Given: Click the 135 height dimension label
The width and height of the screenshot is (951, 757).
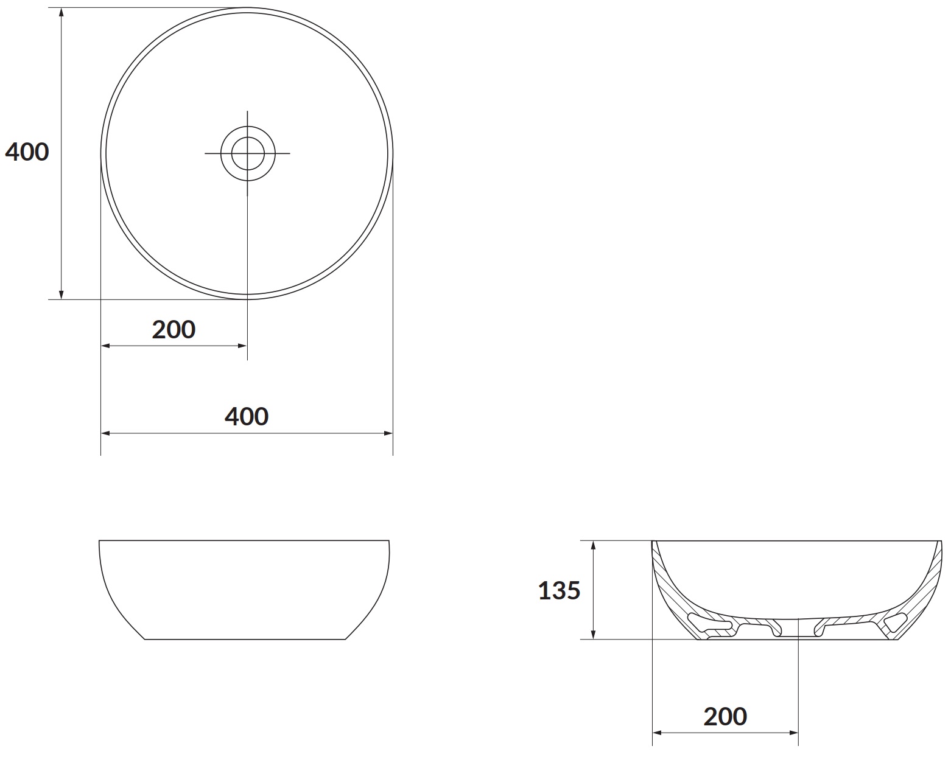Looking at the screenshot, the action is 559,590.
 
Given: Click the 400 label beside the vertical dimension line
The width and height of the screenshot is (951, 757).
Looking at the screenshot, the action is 27,152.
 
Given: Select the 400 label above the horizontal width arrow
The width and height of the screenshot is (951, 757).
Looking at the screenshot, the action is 247,416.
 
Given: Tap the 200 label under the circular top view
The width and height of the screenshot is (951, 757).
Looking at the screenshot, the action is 174,329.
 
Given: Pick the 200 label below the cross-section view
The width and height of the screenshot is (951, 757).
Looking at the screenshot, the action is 725,716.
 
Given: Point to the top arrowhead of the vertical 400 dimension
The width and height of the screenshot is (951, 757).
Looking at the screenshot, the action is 61,12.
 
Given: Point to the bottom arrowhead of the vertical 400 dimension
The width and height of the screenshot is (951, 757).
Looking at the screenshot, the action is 61,295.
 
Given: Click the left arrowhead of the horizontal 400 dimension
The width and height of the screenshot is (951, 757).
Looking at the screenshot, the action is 105,433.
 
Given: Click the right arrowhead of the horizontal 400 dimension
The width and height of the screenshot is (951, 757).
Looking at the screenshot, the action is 388,433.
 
